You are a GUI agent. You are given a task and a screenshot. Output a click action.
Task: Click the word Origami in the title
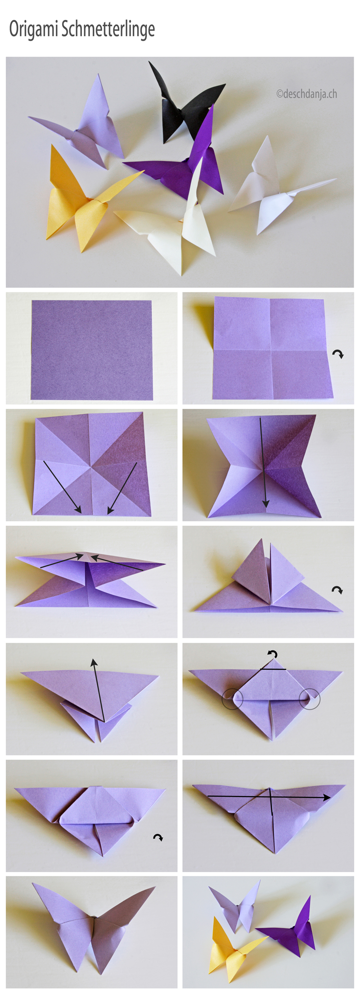pos(34,30)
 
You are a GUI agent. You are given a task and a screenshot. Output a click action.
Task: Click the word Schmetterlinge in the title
pos(108,29)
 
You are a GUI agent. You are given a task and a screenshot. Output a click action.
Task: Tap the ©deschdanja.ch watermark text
pos(306,94)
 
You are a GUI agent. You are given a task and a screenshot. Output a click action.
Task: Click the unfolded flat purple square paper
pos(91,350)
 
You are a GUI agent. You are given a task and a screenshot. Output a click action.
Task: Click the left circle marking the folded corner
pos(233,699)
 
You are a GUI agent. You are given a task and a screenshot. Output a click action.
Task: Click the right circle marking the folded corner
pos(310,699)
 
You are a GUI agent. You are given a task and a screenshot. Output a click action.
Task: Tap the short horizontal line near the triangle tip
pos(273,669)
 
